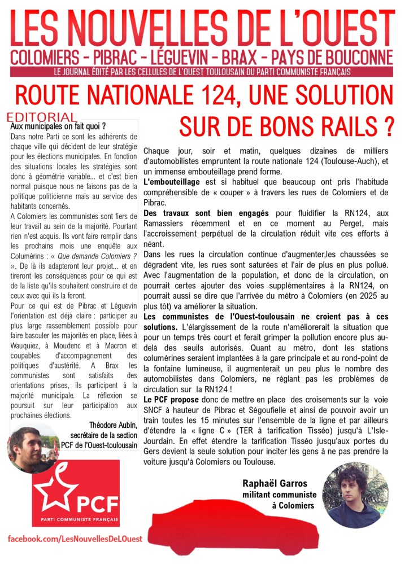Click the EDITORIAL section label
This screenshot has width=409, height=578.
pos(42,117)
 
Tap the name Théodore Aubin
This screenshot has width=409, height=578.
pos(113,424)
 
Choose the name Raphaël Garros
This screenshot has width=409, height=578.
pos(275,484)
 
